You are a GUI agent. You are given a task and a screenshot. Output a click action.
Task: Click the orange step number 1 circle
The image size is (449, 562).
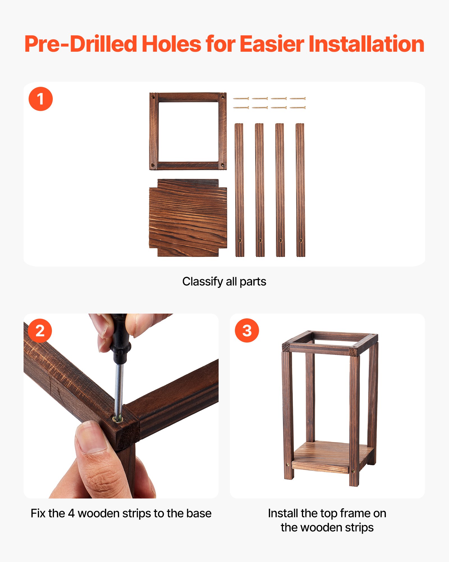41,99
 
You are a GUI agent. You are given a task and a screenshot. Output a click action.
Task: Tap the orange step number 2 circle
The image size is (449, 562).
40,330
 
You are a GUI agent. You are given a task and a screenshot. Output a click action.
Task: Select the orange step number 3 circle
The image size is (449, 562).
247,330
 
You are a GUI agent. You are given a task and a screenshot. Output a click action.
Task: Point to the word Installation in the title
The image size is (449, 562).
366,44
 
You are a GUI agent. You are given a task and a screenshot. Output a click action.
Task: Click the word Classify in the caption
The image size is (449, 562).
202,281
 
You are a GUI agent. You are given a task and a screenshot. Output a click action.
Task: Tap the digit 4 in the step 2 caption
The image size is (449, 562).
71,513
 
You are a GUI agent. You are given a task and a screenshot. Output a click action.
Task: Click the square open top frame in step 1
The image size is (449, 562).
188,97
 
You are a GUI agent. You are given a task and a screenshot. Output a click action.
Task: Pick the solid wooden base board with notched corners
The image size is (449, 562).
188,218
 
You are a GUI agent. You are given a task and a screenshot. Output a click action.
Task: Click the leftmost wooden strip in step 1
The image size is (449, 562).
239,190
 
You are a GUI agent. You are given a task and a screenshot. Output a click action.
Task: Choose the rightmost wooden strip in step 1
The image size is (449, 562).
300,190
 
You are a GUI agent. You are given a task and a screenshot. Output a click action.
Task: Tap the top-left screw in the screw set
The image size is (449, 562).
241,99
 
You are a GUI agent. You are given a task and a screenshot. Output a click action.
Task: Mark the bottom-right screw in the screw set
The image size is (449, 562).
297,108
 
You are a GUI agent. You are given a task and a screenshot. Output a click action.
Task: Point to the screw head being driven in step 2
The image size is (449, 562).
118,420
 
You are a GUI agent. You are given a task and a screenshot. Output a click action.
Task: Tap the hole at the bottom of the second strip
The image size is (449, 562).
260,241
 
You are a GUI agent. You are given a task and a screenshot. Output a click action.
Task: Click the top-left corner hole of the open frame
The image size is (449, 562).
153,97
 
